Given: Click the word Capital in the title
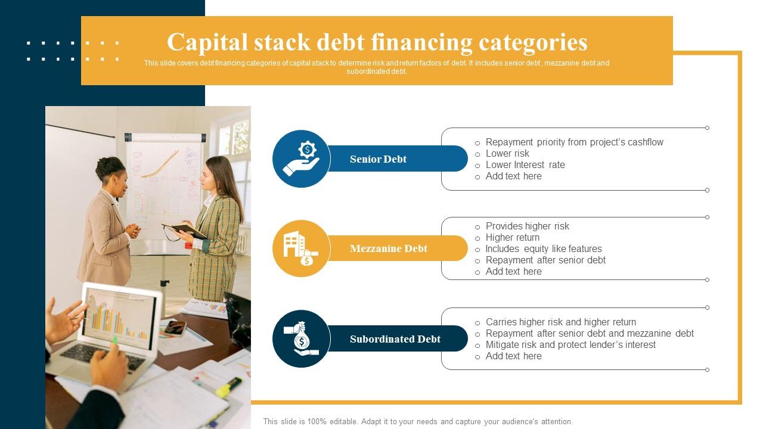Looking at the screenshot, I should [x=206, y=42].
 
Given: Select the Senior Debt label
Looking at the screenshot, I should [x=378, y=159].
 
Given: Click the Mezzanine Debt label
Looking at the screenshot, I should [x=388, y=248].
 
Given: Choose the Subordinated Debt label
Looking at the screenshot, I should [x=395, y=339].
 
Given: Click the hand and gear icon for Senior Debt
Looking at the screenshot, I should [x=301, y=159].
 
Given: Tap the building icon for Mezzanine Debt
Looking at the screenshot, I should [x=301, y=248].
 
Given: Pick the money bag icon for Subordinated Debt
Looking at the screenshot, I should [x=301, y=338].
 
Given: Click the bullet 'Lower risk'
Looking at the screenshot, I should [x=507, y=154].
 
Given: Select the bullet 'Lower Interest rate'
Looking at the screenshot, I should [x=525, y=165].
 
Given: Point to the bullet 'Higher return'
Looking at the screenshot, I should [x=512, y=238].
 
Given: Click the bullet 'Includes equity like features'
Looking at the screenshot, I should [x=544, y=249].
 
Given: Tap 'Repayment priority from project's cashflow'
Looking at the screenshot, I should [x=574, y=142].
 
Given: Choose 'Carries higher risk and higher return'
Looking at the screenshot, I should [x=560, y=322].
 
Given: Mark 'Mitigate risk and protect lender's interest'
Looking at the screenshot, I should [x=570, y=345].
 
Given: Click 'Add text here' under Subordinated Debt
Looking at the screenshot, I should [x=513, y=356].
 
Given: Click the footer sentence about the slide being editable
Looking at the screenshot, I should [x=418, y=421].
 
